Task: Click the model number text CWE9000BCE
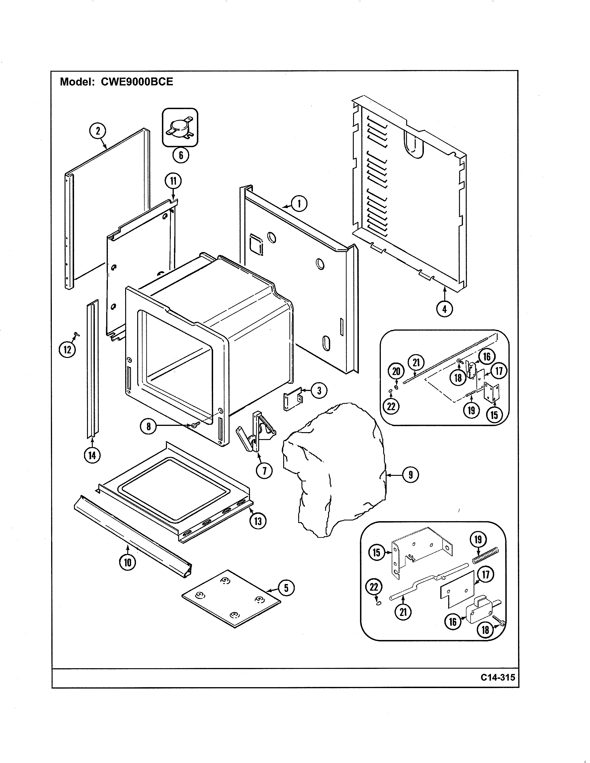(x=137, y=82)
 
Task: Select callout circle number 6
(x=181, y=155)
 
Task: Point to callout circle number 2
(x=98, y=131)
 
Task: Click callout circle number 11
(x=173, y=181)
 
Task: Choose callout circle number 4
(x=444, y=309)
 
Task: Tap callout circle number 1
(x=299, y=204)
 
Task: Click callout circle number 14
(x=92, y=455)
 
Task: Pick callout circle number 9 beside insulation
(x=410, y=474)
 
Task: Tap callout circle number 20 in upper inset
(x=396, y=371)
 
